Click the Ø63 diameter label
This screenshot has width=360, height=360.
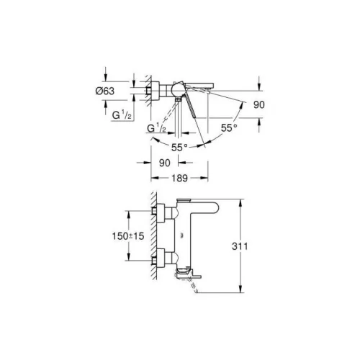(105, 91)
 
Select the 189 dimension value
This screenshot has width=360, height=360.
(179, 178)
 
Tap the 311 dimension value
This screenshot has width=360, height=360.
(240, 246)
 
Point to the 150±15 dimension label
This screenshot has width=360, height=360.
(128, 236)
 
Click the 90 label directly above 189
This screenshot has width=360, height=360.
(165, 163)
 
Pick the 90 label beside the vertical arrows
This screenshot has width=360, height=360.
(259, 104)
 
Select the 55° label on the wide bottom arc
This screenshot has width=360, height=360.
(179, 148)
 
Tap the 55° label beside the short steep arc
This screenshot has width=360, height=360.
(229, 128)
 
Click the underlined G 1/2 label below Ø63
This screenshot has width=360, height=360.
(122, 115)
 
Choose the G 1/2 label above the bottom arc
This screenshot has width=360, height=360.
(157, 128)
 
